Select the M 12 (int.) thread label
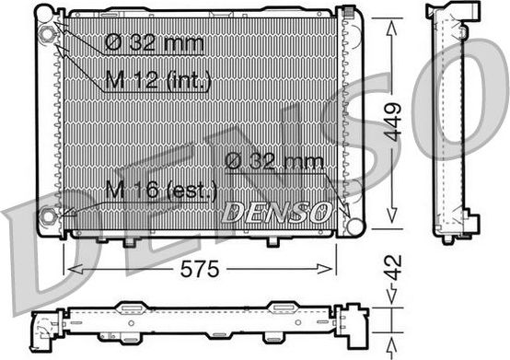(x=157, y=82)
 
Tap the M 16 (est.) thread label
(x=161, y=192)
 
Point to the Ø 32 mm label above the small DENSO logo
(x=274, y=162)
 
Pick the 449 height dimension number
(x=394, y=119)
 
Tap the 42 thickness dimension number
(x=393, y=273)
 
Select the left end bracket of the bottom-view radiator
(x=45, y=325)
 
